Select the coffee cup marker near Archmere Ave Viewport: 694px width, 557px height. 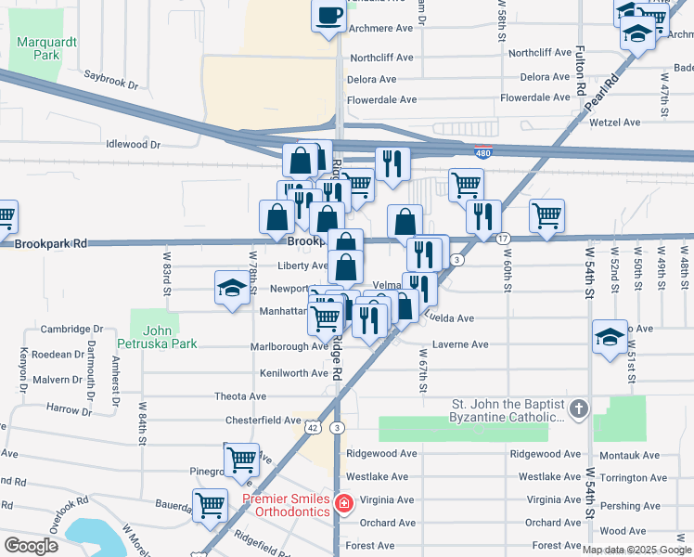click(x=329, y=16)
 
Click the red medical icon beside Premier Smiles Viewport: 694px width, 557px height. click(x=343, y=505)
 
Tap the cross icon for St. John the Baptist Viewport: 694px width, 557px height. click(x=578, y=408)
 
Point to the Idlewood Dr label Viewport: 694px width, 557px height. click(x=134, y=145)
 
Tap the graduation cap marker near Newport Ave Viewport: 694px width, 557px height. click(x=231, y=287)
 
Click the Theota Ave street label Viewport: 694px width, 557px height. click(x=240, y=396)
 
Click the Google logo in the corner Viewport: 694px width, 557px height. click(x=31, y=545)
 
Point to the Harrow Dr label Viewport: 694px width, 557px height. click(x=62, y=408)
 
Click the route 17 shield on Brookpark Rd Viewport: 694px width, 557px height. click(x=503, y=239)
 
